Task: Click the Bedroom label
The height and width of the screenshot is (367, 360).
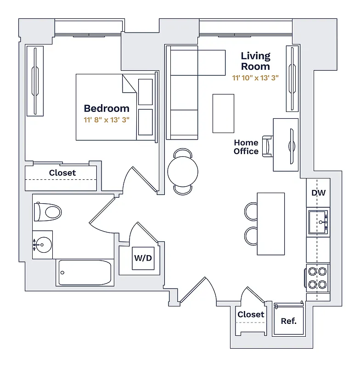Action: (x=107, y=109)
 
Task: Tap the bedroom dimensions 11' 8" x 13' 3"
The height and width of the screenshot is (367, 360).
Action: (x=107, y=120)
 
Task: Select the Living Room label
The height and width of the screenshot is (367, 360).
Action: (x=256, y=61)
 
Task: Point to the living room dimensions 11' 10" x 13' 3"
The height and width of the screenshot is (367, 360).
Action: (x=255, y=78)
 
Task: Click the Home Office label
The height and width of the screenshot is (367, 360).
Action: (x=246, y=147)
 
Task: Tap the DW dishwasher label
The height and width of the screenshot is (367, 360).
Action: (x=318, y=193)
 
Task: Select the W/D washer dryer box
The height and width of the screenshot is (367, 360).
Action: (x=143, y=258)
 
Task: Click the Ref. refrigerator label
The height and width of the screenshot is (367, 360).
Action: (x=289, y=321)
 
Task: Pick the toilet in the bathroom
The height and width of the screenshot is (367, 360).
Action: (x=48, y=212)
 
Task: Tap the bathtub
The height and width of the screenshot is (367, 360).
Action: (x=85, y=273)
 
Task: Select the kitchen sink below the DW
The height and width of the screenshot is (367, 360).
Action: (x=318, y=222)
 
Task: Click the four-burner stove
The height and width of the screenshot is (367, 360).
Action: (x=318, y=278)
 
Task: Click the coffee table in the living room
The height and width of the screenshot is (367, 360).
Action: (x=223, y=113)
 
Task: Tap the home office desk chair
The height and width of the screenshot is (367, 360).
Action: (x=268, y=146)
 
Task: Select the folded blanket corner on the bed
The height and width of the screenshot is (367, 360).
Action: (x=129, y=83)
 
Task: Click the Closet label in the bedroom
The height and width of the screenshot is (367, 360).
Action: (x=62, y=173)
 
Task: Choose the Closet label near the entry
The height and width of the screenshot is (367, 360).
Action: (x=251, y=314)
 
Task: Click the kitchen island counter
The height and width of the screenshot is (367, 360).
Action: (x=270, y=223)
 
